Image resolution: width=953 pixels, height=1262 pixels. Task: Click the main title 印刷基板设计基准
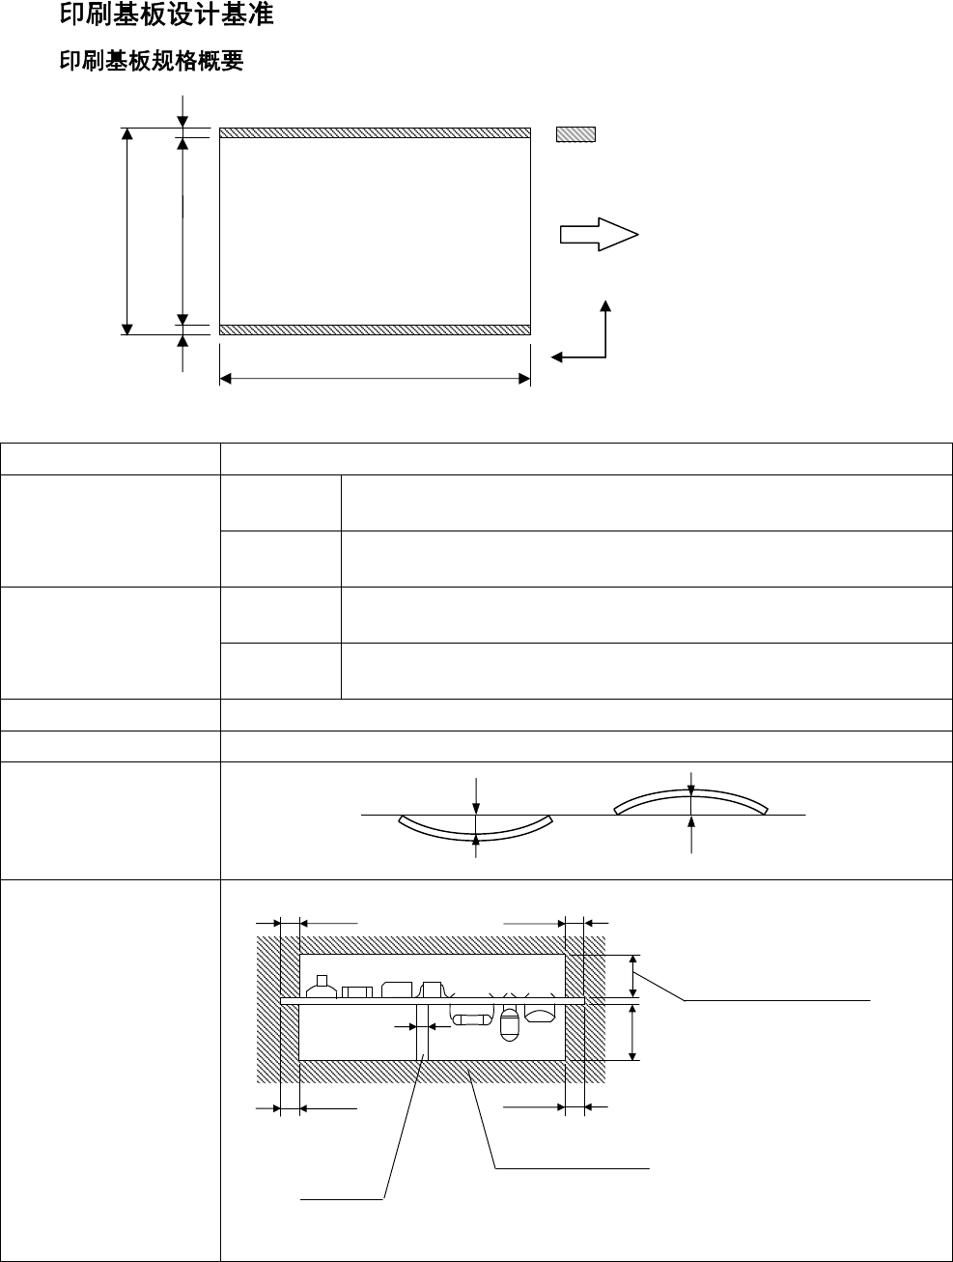[166, 14]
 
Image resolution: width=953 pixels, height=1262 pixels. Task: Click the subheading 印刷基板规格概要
[152, 61]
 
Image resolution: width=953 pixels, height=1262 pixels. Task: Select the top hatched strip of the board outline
[375, 132]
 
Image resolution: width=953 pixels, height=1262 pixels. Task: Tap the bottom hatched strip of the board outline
[375, 330]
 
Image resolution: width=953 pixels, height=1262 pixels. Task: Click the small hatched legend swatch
[575, 134]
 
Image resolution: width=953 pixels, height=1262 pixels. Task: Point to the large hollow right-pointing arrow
[599, 234]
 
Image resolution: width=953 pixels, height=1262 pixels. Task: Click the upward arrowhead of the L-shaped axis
[605, 306]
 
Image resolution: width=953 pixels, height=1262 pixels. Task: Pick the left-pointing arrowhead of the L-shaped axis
[557, 358]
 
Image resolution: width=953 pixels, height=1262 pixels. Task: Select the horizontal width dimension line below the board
[375, 379]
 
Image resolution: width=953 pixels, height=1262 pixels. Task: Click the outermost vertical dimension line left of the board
[126, 232]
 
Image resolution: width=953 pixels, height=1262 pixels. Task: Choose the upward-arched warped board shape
[691, 799]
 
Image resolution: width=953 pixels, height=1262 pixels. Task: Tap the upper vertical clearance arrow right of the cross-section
[633, 976]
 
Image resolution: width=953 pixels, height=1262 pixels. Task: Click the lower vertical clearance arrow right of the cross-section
[633, 1032]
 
